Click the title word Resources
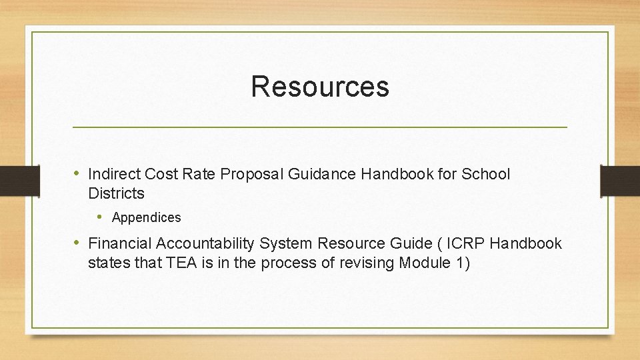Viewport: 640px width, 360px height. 320,87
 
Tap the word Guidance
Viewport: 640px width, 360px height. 323,175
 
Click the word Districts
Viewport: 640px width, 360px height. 116,194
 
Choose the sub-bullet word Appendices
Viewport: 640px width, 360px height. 146,218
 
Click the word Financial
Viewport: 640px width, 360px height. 118,244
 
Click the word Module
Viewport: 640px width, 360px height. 425,263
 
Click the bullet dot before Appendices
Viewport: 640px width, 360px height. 100,217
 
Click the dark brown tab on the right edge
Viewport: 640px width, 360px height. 620,181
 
